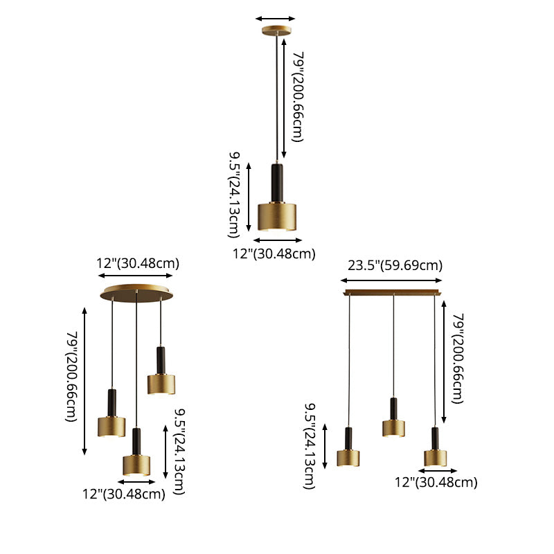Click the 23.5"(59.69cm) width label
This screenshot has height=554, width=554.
click(395, 265)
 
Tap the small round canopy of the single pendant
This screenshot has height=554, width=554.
click(276, 30)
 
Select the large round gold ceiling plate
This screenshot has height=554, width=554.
click(136, 294)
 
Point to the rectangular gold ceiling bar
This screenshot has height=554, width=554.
click(393, 292)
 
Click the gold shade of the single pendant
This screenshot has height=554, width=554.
click(277, 217)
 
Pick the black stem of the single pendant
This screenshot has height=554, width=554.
click(277, 183)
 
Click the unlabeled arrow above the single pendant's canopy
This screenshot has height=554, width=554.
click(275, 19)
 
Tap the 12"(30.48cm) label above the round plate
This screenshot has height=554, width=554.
click(138, 264)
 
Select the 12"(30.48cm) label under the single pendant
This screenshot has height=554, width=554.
click(274, 254)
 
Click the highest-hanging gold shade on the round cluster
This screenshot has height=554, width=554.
click(161, 384)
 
